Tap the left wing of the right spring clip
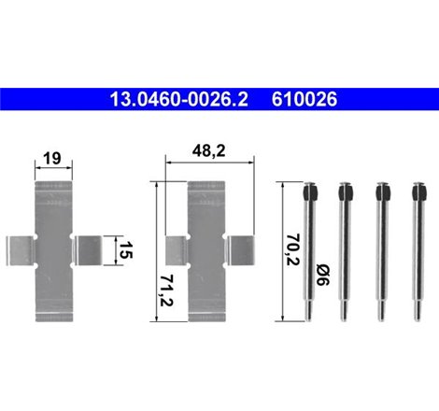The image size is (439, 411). tap(175, 250)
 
